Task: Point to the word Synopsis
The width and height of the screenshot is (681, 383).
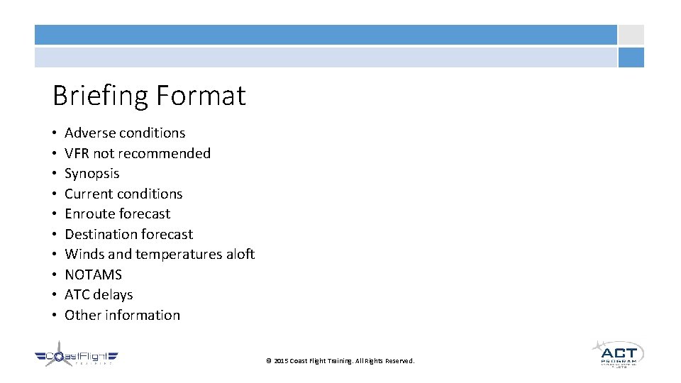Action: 92,174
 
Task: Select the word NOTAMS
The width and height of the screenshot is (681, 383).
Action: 94,274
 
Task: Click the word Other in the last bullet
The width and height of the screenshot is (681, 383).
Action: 82,315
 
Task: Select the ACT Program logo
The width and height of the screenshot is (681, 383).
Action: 617,353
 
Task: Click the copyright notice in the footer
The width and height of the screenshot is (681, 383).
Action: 340,361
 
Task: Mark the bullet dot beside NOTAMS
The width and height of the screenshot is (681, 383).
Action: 55,275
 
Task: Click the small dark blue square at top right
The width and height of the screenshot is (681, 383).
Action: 631,57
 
